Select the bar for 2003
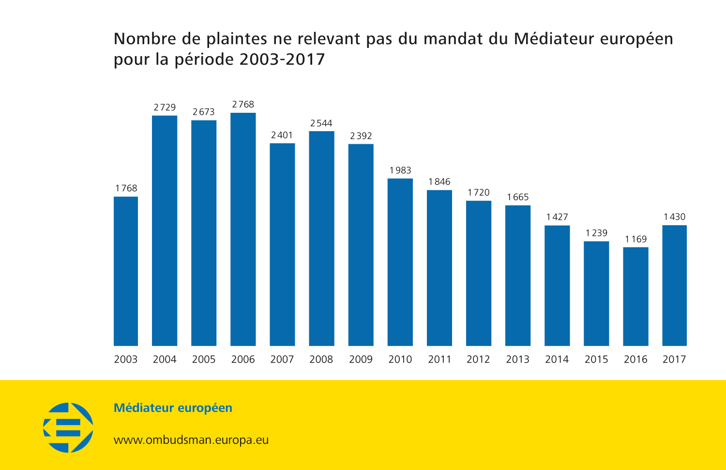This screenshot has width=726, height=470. [126, 271]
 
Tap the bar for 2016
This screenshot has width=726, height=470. [635, 296]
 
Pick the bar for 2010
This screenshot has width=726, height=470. [400, 262]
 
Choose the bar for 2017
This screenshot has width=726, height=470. [674, 285]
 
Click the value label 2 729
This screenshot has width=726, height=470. [165, 107]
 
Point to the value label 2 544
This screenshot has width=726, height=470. [321, 123]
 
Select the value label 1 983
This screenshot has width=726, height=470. [400, 170]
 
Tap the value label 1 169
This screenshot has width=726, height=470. [635, 239]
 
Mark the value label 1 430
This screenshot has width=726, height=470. [674, 217]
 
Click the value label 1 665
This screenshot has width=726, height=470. [517, 197]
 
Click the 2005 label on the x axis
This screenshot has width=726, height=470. [204, 359]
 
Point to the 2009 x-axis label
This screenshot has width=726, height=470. [361, 359]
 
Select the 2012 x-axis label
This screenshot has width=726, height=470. [478, 359]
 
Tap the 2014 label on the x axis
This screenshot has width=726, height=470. [557, 359]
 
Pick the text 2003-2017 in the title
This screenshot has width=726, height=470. [282, 60]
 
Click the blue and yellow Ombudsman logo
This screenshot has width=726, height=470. [68, 427]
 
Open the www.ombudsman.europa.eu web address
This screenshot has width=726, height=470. [191, 440]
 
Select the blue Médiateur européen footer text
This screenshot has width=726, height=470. [173, 408]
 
